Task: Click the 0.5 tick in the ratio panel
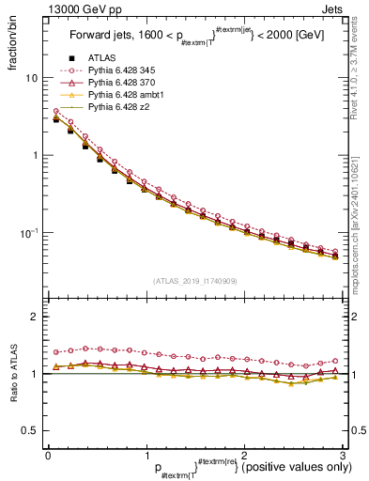[30, 430]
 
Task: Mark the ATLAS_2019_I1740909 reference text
[194, 281]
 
